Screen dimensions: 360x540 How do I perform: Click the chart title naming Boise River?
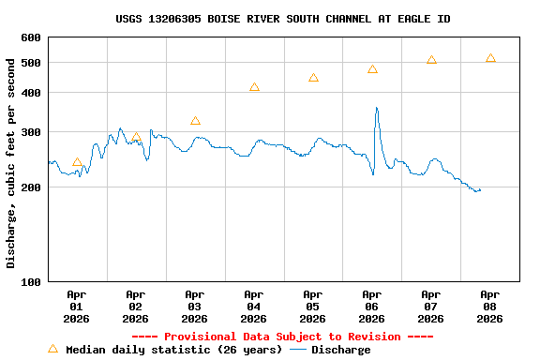(x=282, y=19)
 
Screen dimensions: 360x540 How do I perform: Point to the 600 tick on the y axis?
(x=31, y=37)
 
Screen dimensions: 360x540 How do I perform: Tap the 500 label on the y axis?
(x=31, y=63)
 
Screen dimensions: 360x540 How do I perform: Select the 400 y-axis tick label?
(x=31, y=93)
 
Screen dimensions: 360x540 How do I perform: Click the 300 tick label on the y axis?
(x=31, y=132)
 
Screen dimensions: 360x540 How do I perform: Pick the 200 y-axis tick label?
(x=31, y=187)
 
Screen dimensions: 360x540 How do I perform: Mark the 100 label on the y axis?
(x=31, y=281)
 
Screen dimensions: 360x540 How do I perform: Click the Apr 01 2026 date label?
(x=77, y=306)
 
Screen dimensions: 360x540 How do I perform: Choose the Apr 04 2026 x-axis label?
(x=254, y=306)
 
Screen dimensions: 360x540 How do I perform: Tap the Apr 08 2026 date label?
(x=489, y=306)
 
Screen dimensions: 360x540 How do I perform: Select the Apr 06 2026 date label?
(x=372, y=306)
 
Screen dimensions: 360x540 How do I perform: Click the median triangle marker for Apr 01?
(x=77, y=162)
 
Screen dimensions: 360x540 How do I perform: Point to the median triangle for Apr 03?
(x=195, y=121)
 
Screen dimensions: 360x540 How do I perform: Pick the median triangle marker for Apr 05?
(x=313, y=78)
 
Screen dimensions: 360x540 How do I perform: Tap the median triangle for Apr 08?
(x=490, y=58)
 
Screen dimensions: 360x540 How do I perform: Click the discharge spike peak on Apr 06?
(x=377, y=108)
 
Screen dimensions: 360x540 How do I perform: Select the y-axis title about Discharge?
(x=11, y=162)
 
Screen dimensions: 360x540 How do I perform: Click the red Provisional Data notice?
(x=282, y=337)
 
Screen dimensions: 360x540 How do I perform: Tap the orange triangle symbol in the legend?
(x=53, y=349)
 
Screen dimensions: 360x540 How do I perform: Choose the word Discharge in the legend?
(x=340, y=350)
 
